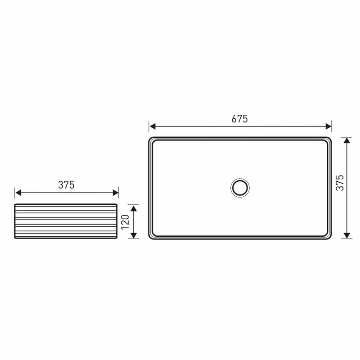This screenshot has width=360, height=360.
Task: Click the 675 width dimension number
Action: (240, 119)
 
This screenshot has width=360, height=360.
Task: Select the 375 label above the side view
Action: (66, 185)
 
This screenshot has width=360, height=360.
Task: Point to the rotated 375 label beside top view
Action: (340, 183)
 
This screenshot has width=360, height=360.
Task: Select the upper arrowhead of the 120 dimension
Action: (133, 207)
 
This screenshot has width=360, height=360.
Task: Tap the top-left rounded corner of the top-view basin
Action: (151, 139)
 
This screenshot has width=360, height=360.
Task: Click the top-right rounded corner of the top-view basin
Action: (329, 139)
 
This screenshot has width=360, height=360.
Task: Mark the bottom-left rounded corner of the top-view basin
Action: (151, 236)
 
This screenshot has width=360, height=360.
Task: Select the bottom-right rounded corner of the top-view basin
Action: (329, 236)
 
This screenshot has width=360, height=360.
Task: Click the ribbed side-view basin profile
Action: (67, 221)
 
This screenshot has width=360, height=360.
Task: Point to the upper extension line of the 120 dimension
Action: (134, 204)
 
